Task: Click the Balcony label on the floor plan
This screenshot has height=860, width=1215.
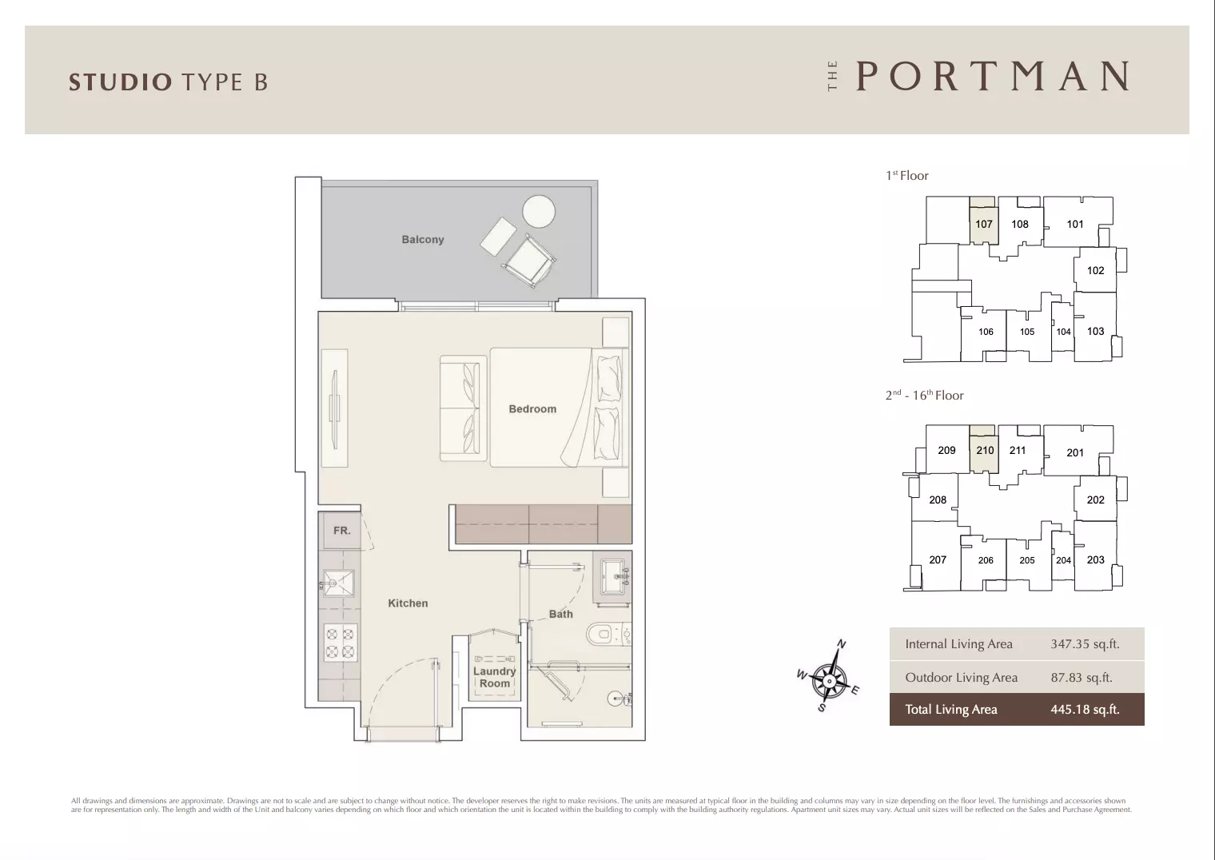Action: coord(423,239)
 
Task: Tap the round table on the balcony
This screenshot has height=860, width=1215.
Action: coord(539,211)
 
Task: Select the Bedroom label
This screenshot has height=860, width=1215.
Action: coord(532,409)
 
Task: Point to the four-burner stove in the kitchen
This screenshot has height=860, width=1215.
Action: coord(341,643)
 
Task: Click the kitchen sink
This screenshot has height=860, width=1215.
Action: coord(338,583)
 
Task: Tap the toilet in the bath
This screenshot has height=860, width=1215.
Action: coord(608,634)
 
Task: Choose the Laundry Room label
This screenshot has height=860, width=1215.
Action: coord(494,677)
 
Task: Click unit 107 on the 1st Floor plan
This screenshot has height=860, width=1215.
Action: coord(983,224)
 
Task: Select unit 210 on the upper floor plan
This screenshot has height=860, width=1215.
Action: coord(985,450)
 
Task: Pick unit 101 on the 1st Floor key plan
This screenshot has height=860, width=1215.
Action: coord(1075,224)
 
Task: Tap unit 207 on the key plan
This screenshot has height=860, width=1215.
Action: coord(938,559)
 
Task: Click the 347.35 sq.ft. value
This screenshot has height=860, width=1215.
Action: coord(1085,643)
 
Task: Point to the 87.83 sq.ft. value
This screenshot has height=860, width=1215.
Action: coord(1082,677)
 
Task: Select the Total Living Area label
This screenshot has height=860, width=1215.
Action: coord(951,709)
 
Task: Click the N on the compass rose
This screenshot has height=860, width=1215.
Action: coord(841,643)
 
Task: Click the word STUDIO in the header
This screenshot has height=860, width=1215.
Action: coord(121,82)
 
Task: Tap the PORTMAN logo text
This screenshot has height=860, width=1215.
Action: coord(993,76)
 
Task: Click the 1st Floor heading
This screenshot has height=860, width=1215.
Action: coord(907,175)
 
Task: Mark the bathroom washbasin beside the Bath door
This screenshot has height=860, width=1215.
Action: coord(612,577)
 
